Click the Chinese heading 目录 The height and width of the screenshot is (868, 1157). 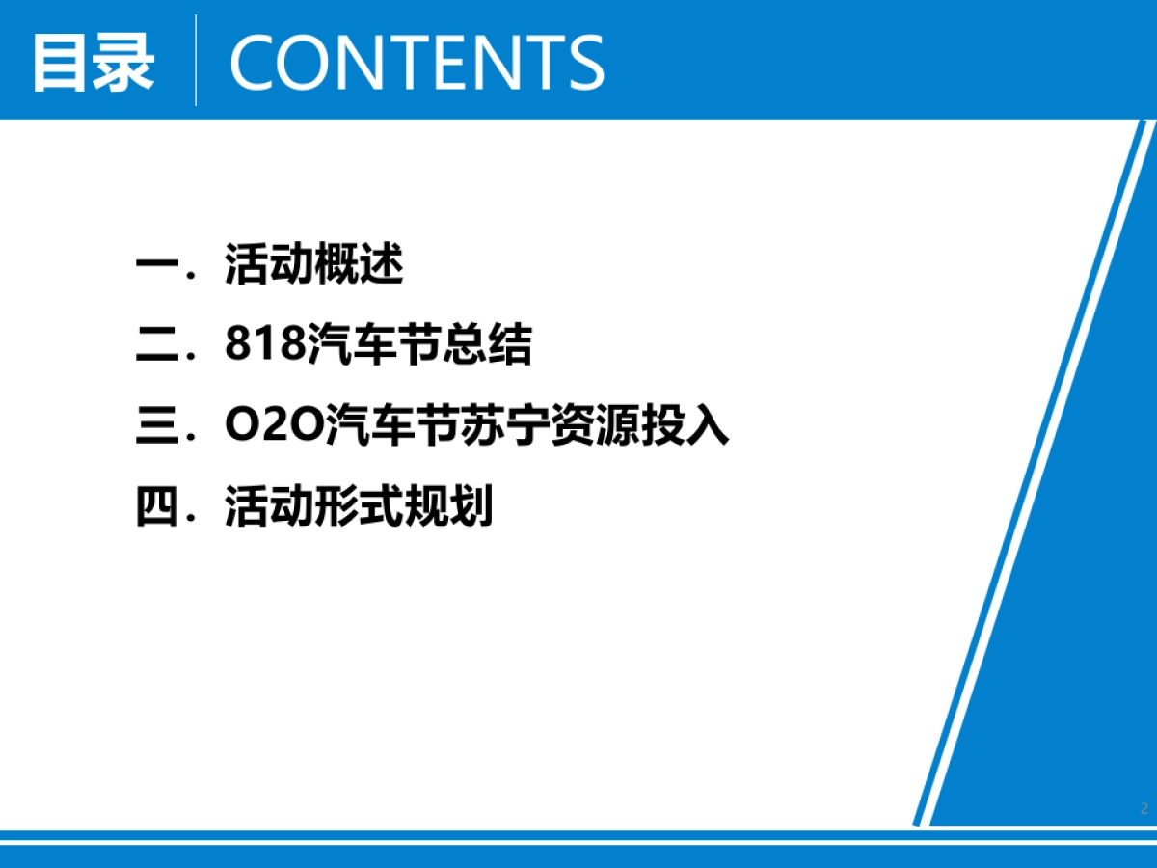pos(93,62)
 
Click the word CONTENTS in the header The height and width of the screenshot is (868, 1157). pos(417,62)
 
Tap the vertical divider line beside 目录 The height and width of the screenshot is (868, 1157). pos(196,60)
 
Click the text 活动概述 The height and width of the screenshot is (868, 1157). pos(313,265)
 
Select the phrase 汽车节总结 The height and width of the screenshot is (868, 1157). pos(419,345)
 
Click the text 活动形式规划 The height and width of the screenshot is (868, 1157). pos(359,507)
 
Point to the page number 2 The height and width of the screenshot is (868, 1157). pos(1144,808)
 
